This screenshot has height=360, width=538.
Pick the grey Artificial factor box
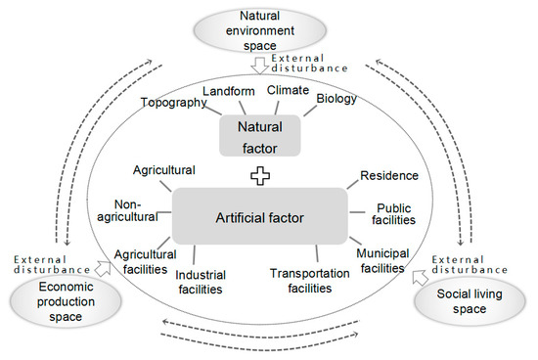(x=260, y=215)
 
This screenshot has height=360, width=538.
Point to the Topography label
(x=173, y=102)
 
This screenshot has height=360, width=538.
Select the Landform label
(x=228, y=91)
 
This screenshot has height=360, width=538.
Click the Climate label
(x=289, y=91)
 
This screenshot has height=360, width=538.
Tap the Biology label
(x=336, y=99)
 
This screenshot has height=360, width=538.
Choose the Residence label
(x=389, y=176)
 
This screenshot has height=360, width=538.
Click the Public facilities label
(x=398, y=214)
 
